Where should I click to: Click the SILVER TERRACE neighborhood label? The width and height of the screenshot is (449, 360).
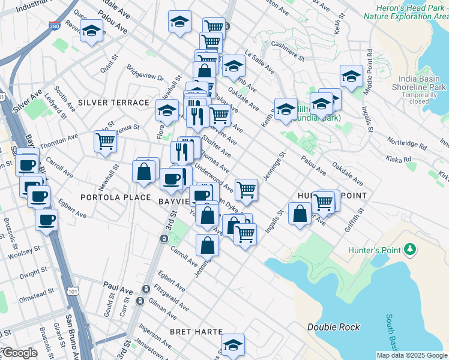point(113,103)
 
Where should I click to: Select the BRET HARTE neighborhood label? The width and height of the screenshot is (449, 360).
point(196,332)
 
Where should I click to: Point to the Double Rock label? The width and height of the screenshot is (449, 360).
point(334,327)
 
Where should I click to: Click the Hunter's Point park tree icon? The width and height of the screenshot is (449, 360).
point(411,248)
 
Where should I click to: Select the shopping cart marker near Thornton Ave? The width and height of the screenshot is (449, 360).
point(105,142)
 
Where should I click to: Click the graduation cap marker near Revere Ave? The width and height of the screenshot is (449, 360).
point(91,31)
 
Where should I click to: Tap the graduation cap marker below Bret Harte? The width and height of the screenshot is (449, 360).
point(233,345)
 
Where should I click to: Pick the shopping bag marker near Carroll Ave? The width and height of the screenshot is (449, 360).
point(207,245)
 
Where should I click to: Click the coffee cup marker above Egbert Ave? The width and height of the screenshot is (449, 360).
point(46,220)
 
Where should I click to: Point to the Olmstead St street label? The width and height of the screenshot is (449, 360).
point(37,298)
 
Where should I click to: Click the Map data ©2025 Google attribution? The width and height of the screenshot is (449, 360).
point(412,355)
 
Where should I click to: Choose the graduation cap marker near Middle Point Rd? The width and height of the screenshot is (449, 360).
point(351,76)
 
